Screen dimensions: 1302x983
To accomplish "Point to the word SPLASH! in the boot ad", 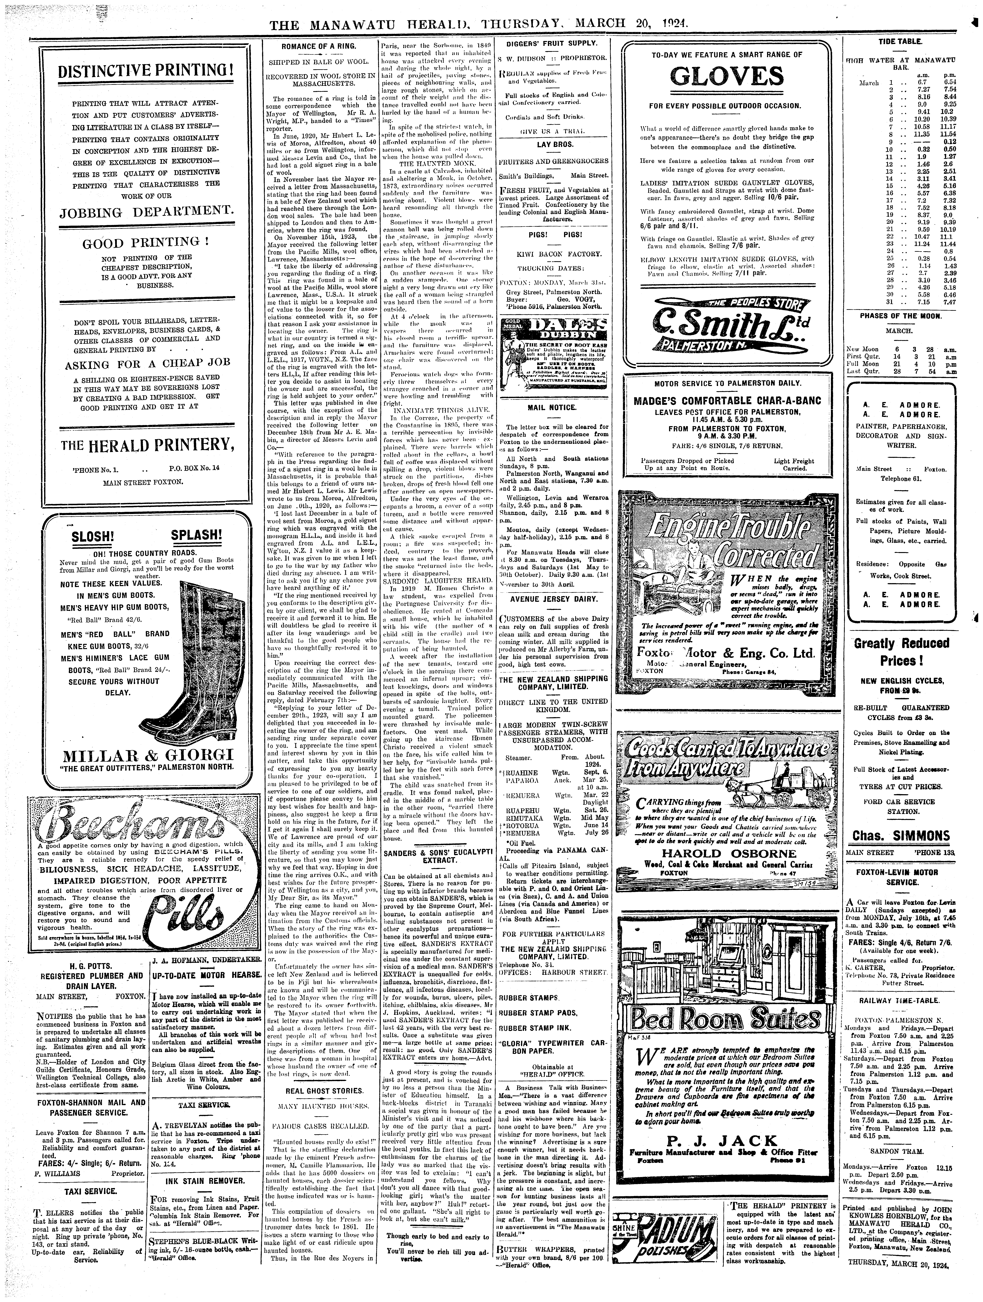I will [196, 535].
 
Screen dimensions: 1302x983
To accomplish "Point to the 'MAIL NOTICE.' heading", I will [552, 407].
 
